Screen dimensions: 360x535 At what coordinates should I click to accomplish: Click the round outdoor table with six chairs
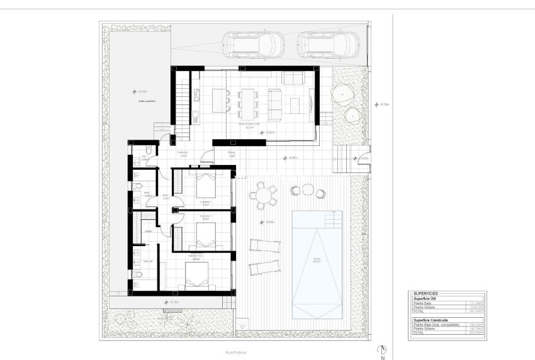pyautogui.click(x=265, y=195)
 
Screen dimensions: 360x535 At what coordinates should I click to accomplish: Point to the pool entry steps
pyautogui.click(x=333, y=220)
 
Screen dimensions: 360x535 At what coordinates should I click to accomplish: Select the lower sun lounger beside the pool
pyautogui.click(x=263, y=267)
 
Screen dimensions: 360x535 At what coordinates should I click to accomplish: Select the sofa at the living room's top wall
pyautogui.click(x=293, y=79)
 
